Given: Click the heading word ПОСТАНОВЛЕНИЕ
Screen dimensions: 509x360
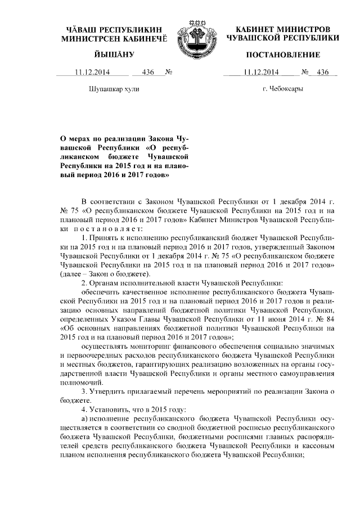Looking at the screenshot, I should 283,55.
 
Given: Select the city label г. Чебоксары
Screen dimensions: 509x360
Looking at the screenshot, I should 283,89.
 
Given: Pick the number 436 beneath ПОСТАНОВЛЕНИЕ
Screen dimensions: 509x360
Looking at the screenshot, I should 322,72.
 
